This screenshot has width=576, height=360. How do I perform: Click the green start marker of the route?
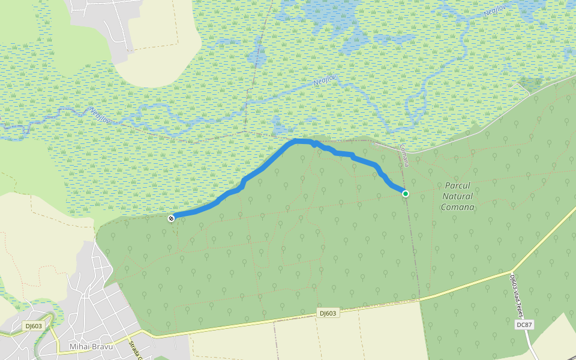pyautogui.click(x=406, y=193)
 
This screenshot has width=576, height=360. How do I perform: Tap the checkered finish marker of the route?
pyautogui.click(x=172, y=218)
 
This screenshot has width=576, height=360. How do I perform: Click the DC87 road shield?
pyautogui.click(x=524, y=325)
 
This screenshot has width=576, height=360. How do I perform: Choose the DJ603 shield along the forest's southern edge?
pyautogui.click(x=328, y=313)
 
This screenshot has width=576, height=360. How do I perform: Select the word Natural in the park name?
pyautogui.click(x=458, y=196)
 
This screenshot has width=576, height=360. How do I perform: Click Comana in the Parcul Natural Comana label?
pyautogui.click(x=458, y=207)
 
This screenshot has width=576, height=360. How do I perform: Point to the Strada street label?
pyautogui.click(x=134, y=350)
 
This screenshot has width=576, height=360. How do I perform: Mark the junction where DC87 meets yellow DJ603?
pyautogui.click(x=514, y=271)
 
